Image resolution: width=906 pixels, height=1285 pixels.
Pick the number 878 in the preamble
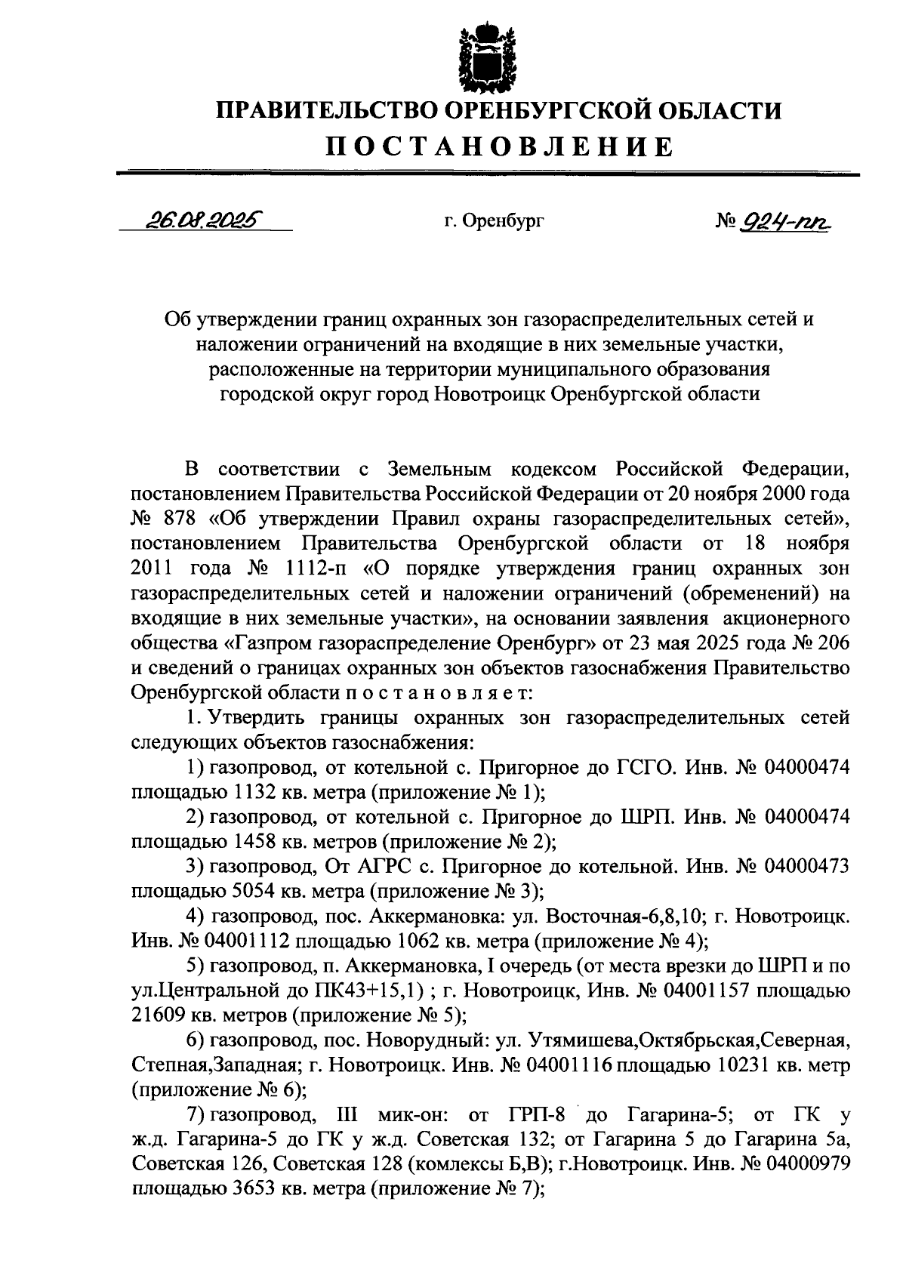click(x=179, y=519)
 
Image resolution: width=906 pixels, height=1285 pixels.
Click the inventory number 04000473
click(x=807, y=866)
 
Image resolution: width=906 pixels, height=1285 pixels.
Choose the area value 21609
click(x=157, y=1015)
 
